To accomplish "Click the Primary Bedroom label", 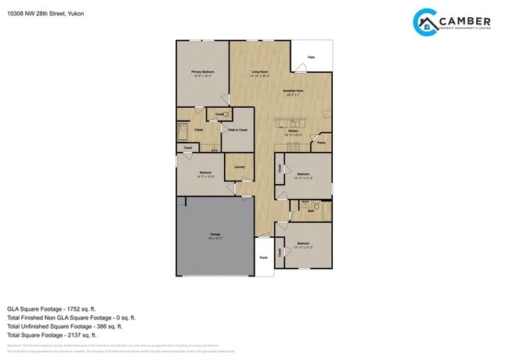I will point(203,72).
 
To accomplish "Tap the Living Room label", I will point(261,72).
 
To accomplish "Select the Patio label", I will point(311,57).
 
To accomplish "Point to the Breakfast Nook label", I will point(293,92).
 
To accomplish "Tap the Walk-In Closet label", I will point(238,130).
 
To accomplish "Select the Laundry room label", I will point(239,166).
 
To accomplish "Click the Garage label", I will point(215,235).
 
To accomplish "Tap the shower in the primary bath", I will point(183,130).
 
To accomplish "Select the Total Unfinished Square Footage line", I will point(70,327).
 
